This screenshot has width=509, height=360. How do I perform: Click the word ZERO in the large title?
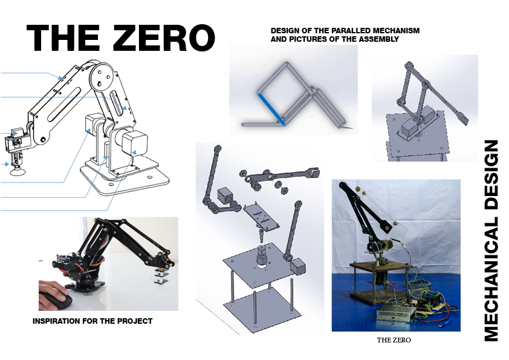(164, 38)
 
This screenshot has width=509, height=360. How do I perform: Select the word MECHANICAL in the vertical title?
(491, 279)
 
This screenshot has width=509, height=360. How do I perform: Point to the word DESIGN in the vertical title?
(491, 175)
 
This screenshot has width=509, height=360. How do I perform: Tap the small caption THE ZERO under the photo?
(394, 340)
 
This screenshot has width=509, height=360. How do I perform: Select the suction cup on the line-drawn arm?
(16, 171)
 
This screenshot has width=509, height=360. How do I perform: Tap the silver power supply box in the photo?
(396, 313)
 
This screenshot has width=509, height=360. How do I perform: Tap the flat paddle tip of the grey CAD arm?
(462, 119)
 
